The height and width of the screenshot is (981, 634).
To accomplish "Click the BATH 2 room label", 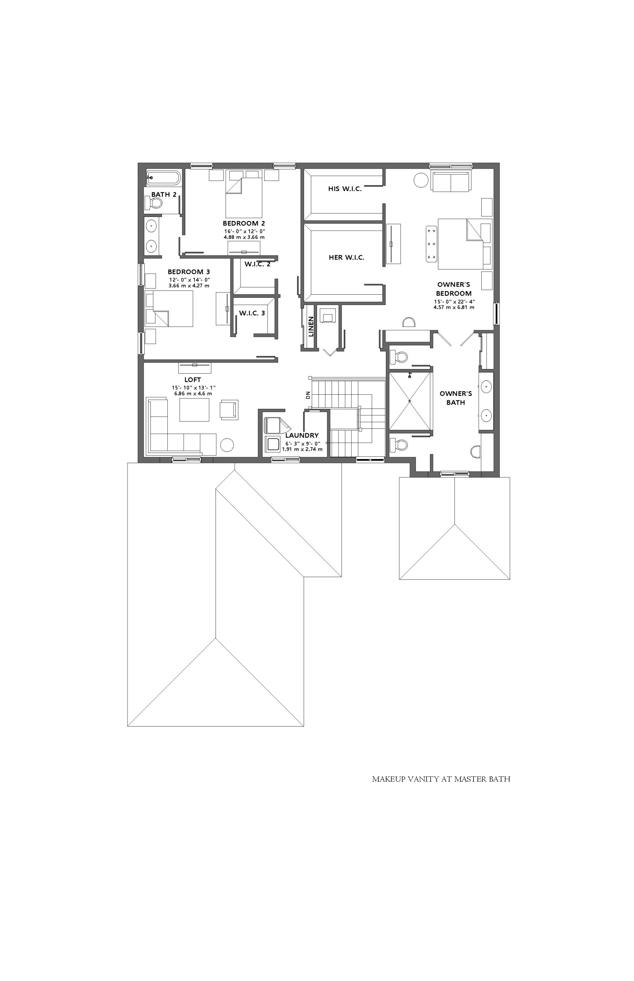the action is [x=164, y=194].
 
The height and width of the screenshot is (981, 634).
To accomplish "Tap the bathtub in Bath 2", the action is [x=163, y=178].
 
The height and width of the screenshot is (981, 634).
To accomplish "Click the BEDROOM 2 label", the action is [x=244, y=223].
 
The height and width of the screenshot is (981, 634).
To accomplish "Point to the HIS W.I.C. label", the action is [x=345, y=189].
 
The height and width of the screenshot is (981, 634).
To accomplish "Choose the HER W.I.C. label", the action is [x=346, y=258].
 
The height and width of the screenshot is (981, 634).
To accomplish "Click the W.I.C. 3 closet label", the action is [x=252, y=313].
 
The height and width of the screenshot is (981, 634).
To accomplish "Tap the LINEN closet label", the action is [x=311, y=326].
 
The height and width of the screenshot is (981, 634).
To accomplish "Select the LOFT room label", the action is [x=193, y=379].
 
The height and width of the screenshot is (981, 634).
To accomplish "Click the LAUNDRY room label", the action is [x=302, y=435].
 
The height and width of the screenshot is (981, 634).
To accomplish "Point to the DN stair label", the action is [x=307, y=395].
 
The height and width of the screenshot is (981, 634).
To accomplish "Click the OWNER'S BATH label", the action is [x=456, y=398].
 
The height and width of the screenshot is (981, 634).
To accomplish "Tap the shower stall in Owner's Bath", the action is [x=410, y=401].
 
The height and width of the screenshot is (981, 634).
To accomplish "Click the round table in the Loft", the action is [x=227, y=445].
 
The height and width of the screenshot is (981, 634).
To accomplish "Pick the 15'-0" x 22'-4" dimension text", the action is [x=454, y=302].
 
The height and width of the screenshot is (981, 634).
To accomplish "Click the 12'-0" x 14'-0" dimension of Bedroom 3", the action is [x=190, y=280].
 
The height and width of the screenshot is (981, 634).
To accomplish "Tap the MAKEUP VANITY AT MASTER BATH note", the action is [x=441, y=779].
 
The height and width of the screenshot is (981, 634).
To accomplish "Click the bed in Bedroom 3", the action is [x=169, y=309].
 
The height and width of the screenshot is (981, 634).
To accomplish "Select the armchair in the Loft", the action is [x=229, y=410].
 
